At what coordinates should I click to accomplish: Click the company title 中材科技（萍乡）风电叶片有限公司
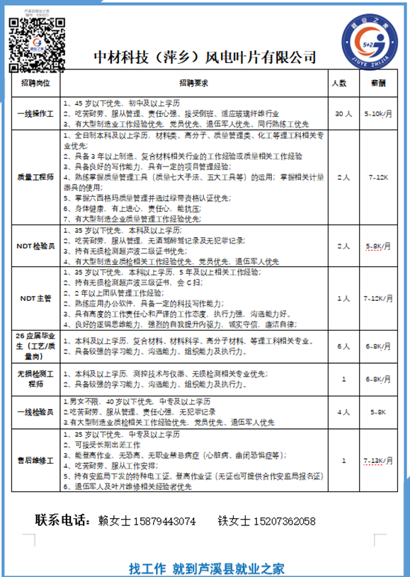(205, 57)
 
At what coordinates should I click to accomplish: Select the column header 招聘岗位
(35, 82)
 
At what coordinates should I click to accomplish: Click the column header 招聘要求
(193, 82)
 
